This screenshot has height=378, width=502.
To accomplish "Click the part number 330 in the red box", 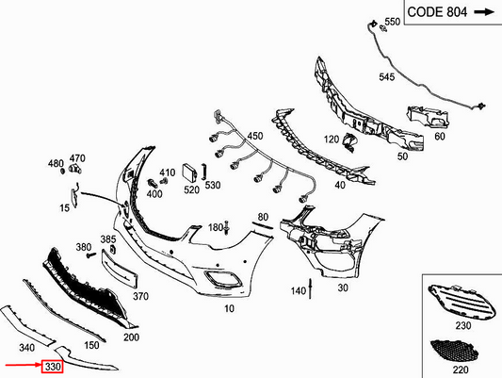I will (x=52, y=366).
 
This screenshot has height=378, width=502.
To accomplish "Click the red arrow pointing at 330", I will (x=20, y=366).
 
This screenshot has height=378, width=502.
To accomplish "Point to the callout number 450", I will (x=255, y=138).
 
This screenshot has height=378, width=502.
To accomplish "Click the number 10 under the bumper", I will (x=229, y=309).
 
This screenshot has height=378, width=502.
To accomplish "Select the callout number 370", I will (x=140, y=296).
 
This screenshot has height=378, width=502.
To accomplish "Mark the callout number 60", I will (x=439, y=137).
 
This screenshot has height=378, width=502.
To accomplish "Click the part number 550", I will (x=392, y=21).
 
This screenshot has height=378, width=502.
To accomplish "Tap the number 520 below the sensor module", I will (x=191, y=189).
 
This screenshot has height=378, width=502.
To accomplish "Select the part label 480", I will (x=56, y=163).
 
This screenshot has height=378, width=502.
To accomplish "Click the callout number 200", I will (x=131, y=337).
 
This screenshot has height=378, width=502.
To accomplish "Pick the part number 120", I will (x=331, y=140).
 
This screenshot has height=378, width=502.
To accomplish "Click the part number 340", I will (x=27, y=348).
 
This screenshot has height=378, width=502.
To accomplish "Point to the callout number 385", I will (x=108, y=239).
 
